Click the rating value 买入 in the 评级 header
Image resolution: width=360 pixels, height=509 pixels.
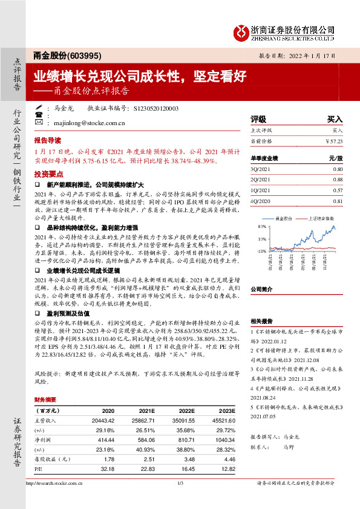click(335, 120)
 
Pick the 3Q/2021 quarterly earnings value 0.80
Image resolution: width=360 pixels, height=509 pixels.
click(338, 169)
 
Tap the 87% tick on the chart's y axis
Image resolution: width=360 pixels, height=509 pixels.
click(262, 226)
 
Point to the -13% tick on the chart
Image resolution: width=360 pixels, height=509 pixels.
click(261, 251)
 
